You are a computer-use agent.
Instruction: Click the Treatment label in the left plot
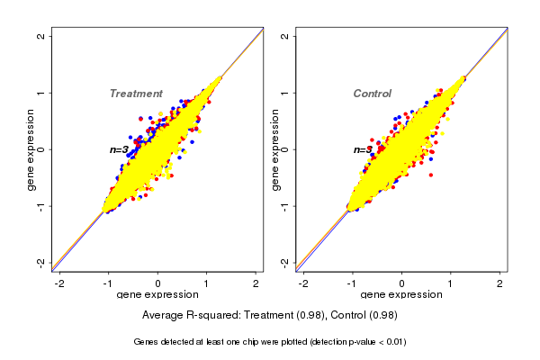(x=136, y=94)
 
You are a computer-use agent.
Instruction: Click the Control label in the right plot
(x=372, y=94)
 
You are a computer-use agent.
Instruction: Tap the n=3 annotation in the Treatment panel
(x=120, y=149)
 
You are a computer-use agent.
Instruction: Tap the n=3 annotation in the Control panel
(x=363, y=149)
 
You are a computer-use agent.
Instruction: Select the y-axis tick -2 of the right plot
(x=284, y=262)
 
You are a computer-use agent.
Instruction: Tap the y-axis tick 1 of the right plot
(x=284, y=93)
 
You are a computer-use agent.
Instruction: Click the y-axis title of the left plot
(x=31, y=149)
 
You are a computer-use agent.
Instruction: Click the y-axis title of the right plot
(x=274, y=149)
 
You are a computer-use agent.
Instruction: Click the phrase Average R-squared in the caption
(x=185, y=315)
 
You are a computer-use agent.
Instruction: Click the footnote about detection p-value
(x=270, y=342)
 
